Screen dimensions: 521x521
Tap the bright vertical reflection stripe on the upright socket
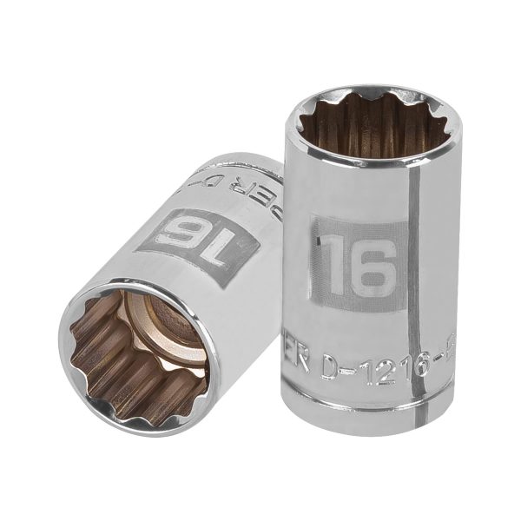pyautogui.click(x=419, y=260)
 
